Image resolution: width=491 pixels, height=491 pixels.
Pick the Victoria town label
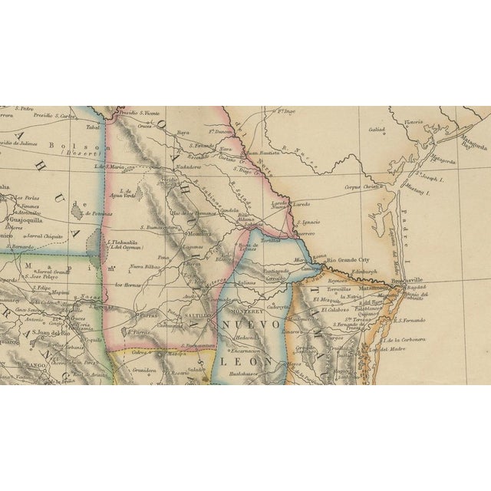(x=414, y=120)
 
